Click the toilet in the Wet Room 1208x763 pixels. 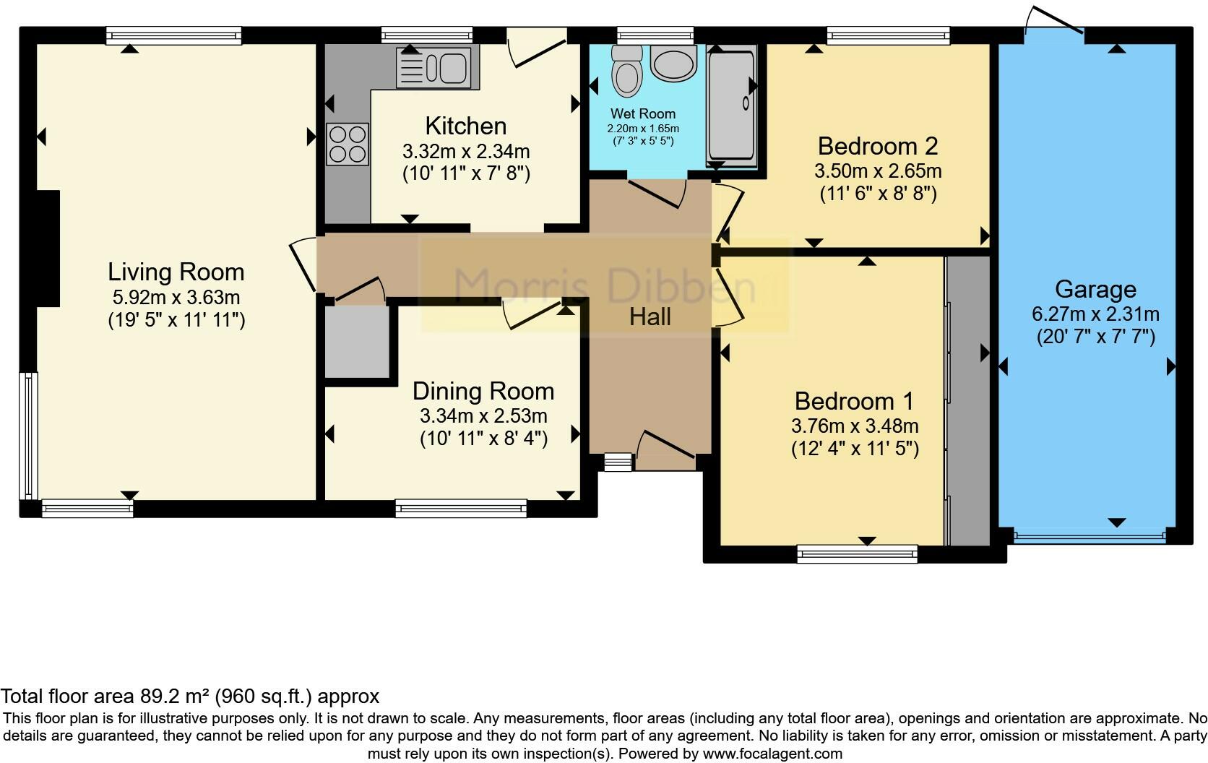click(x=627, y=72)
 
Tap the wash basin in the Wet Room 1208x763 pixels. click(x=673, y=63)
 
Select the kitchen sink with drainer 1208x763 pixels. click(x=437, y=67)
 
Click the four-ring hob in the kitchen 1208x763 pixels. click(x=348, y=144)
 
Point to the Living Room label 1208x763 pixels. click(x=176, y=272)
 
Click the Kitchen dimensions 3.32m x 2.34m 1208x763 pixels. click(x=466, y=152)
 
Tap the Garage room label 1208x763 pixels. click(x=1096, y=290)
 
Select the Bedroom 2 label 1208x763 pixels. click(x=878, y=146)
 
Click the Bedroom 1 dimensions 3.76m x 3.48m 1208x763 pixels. click(x=855, y=426)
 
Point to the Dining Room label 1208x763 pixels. click(x=483, y=392)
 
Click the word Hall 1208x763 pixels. click(x=650, y=317)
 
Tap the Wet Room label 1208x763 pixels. click(x=643, y=113)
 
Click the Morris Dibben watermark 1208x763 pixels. click(x=605, y=286)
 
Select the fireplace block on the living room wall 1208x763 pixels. click(x=48, y=249)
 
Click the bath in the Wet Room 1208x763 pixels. click(x=732, y=105)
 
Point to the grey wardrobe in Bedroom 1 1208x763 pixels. click(x=969, y=400)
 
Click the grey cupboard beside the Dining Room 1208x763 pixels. click(x=357, y=342)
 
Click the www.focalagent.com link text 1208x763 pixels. click(x=773, y=754)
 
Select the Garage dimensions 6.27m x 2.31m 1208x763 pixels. click(x=1096, y=314)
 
